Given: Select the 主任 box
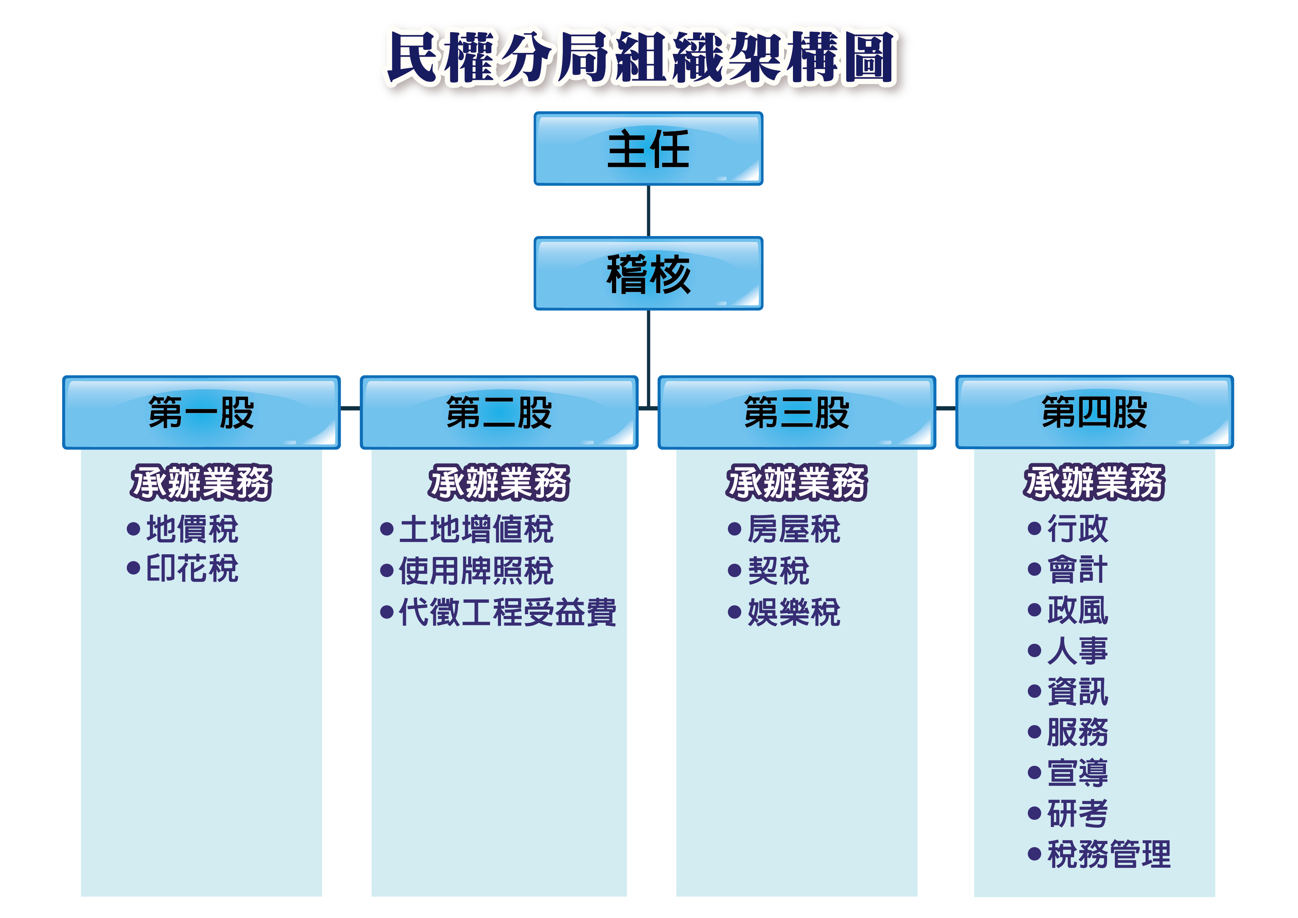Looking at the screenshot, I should [648, 149].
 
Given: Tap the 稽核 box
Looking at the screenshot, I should [648, 273].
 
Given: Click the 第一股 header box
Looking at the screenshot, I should [201, 413].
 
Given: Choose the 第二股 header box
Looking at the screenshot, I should [499, 413].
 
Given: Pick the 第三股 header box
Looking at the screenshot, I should [797, 413].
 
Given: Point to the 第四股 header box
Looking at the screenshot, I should [1094, 412].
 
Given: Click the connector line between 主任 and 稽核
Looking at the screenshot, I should [648, 211].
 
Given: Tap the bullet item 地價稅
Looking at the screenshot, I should [192, 529].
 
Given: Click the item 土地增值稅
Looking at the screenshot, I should [476, 529].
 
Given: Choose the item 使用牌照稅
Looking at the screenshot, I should [476, 571].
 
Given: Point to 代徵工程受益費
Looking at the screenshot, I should [507, 612].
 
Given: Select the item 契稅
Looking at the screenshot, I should [779, 571].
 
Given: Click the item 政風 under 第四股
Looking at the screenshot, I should [1077, 611].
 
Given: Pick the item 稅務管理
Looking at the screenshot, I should [1109, 854].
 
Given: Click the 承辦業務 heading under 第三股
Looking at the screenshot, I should [797, 483].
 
